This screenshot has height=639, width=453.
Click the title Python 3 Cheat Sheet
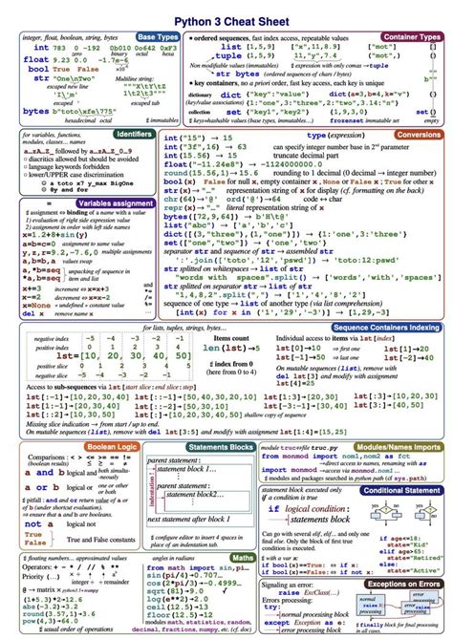pyautogui.click(x=226, y=17)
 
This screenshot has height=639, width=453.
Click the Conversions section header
pyautogui.click(x=417, y=135)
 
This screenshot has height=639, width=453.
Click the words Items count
pyautogui.click(x=233, y=338)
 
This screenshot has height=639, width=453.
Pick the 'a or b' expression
pyautogui.click(x=45, y=488)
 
